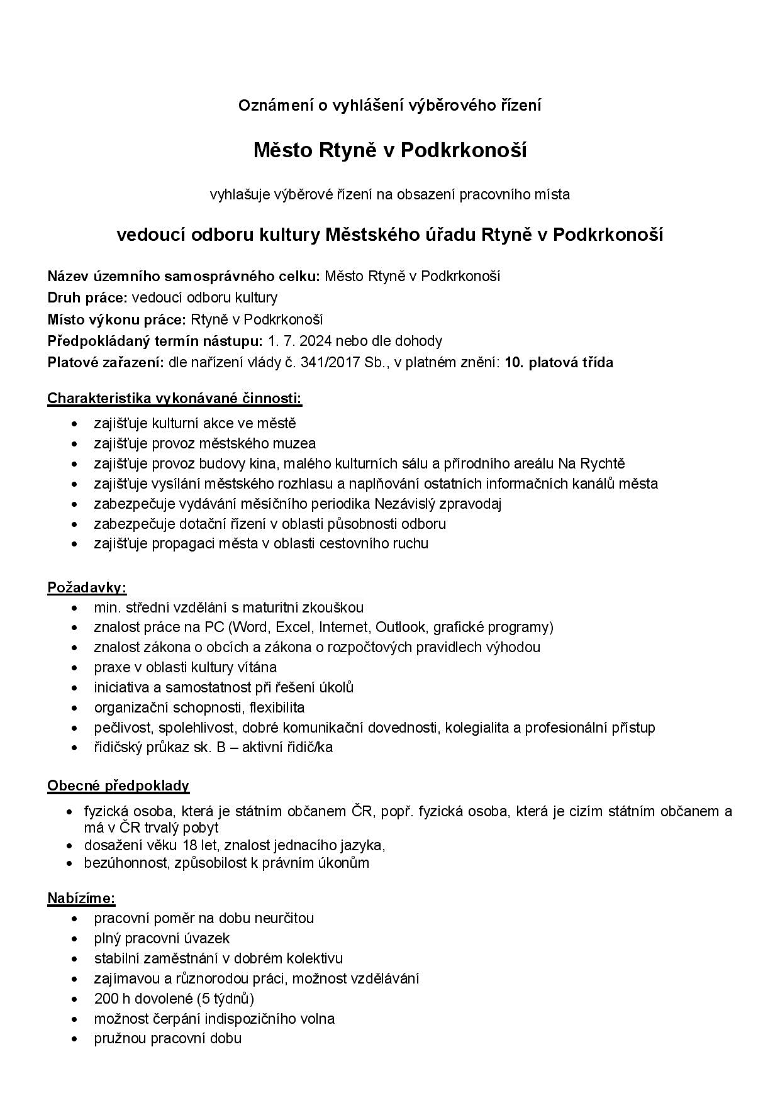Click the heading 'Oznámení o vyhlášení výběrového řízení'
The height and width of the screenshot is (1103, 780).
pyautogui.click(x=389, y=106)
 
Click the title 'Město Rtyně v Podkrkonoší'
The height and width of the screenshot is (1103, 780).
pyautogui.click(x=389, y=150)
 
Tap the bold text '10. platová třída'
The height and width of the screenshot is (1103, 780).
pyautogui.click(x=559, y=362)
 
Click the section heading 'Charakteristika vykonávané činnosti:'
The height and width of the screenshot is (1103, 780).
pyautogui.click(x=174, y=398)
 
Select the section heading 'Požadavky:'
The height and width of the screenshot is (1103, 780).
pyautogui.click(x=87, y=587)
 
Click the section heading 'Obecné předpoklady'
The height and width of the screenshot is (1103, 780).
pyautogui.click(x=118, y=785)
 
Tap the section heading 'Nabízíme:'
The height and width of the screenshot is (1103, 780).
pyautogui.click(x=81, y=898)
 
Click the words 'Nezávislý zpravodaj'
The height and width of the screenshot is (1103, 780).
pyautogui.click(x=438, y=503)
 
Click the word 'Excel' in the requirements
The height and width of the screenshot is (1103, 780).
pyautogui.click(x=294, y=627)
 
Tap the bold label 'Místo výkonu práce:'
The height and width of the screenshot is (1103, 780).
pyautogui.click(x=116, y=319)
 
